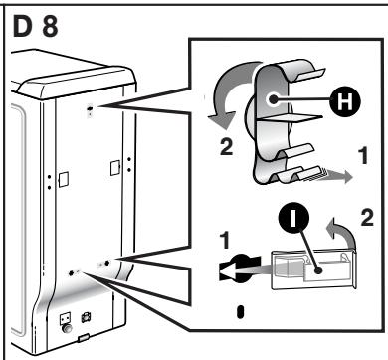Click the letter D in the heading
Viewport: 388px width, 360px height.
pos(24,26)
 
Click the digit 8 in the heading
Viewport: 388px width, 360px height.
pos(50,26)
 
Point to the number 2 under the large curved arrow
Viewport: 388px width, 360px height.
pos(226,147)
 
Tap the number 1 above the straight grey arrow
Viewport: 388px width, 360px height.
pos(364,156)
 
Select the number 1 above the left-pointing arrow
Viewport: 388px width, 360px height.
pos(225,240)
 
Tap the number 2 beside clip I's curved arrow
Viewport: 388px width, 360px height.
pos(367,218)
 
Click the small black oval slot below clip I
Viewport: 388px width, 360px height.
pos(241,312)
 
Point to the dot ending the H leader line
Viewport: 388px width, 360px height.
pos(274,98)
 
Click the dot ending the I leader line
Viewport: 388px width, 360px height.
pos(318,270)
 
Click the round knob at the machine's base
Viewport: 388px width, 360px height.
pos(67,328)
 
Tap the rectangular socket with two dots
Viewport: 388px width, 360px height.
pos(65,318)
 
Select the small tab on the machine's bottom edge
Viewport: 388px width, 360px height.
pos(83,338)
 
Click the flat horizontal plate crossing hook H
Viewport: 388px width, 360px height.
pos(290,117)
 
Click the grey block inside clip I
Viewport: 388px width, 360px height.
pos(288,268)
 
